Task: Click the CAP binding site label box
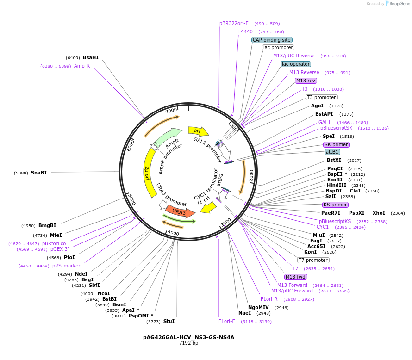click(272, 40)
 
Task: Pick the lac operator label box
click(296, 64)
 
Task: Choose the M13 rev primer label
click(306, 81)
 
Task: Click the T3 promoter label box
click(321, 97)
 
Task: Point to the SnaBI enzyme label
click(39, 173)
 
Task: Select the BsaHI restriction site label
click(91, 58)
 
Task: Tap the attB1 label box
click(332, 152)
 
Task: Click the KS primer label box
click(335, 205)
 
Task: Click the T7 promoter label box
click(313, 260)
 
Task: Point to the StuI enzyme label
click(169, 321)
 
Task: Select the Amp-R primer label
click(82, 66)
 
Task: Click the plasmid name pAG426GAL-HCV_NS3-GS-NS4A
click(188, 337)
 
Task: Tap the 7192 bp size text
click(188, 343)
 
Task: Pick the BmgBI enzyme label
click(47, 226)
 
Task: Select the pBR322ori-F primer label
click(234, 23)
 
